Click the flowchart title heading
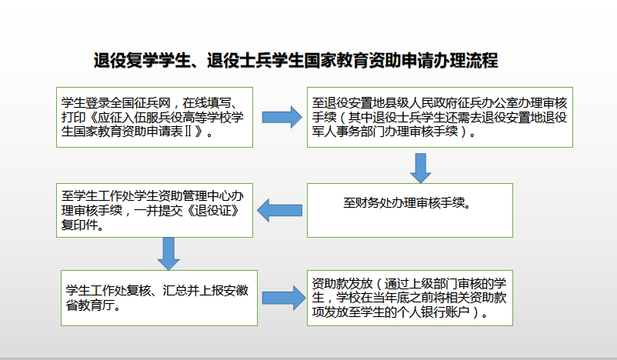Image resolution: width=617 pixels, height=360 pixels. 296,61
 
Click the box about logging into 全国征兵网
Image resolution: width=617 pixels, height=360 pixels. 154,116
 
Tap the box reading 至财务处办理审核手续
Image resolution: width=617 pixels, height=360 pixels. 409,205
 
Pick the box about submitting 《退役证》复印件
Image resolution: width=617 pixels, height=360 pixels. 154,208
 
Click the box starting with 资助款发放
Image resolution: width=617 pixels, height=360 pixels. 409,297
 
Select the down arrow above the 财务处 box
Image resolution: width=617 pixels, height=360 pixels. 419,167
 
